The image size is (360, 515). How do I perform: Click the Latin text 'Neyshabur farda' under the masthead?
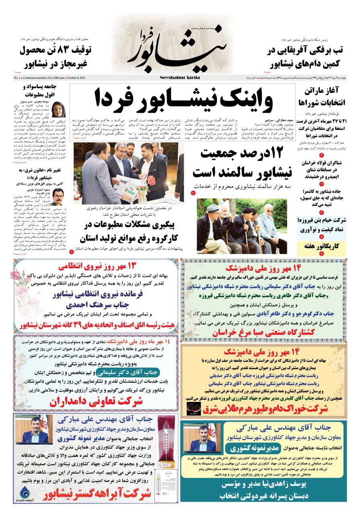[183, 77]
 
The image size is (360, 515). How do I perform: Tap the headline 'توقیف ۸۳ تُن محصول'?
[56, 50]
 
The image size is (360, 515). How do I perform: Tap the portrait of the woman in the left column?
[59, 109]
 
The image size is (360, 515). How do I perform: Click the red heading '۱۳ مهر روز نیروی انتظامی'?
[97, 266]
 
